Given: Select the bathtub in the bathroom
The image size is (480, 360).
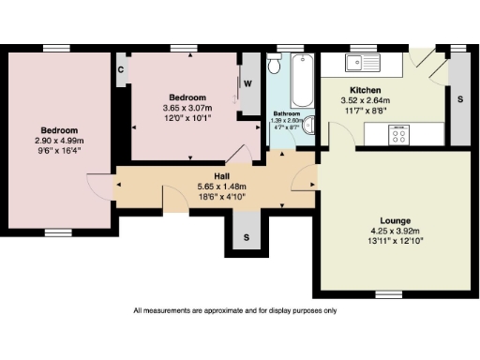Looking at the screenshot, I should pos(302,82).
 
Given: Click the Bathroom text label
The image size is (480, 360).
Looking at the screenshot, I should pos(286,113).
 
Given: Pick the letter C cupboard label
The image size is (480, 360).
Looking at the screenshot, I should pos(122,68).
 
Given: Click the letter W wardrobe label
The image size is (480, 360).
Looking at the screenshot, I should pos(248,82).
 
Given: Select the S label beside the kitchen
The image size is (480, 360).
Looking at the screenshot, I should pos(459,97).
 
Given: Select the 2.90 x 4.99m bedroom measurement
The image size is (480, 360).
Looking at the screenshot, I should pos(58,140).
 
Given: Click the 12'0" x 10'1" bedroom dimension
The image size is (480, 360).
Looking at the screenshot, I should pos(187,118).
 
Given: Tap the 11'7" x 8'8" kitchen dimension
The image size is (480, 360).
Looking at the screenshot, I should pos(354,111).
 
